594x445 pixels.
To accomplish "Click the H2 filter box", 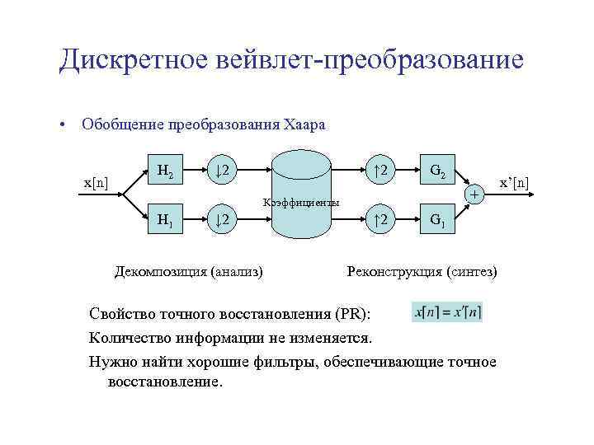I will [x=165, y=171].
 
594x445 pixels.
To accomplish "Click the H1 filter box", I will [x=165, y=220].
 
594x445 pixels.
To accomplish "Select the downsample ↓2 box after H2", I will [x=222, y=171].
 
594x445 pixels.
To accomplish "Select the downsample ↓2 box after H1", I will [x=222, y=220].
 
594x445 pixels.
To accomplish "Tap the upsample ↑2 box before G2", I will [x=380, y=171].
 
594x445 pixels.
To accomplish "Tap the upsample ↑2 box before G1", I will [x=380, y=220].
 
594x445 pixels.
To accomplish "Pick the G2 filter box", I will [x=437, y=171].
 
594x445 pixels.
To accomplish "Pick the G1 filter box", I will [x=437, y=220].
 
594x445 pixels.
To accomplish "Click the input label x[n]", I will [x=100, y=181].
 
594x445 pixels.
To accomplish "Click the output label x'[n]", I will [x=511, y=181].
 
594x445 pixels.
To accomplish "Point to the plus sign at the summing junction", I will [x=474, y=195].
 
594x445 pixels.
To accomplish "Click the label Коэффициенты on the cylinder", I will [x=300, y=202].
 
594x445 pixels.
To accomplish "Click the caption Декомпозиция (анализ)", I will [x=189, y=270].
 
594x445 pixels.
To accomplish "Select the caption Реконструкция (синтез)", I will [x=422, y=270].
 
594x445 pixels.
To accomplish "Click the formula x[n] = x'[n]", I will [x=447, y=312].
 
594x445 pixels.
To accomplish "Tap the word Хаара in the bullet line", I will [x=304, y=125].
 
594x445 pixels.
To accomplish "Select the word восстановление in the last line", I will [x=165, y=382].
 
